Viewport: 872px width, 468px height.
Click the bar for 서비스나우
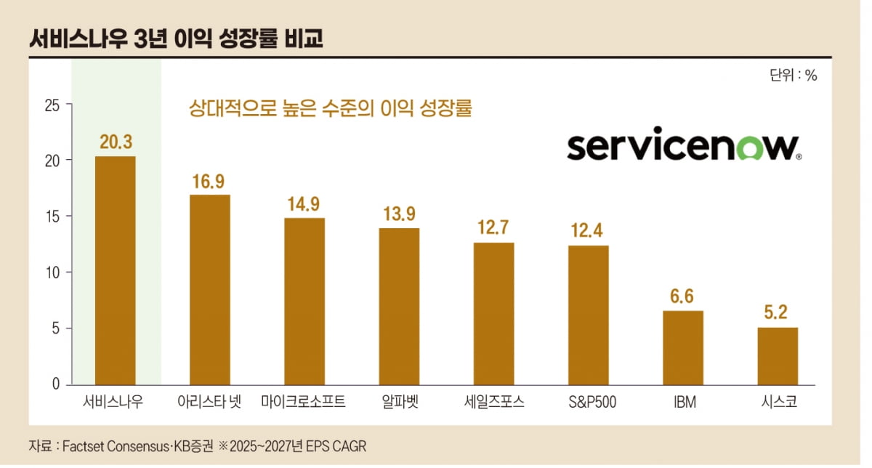(x=116, y=270)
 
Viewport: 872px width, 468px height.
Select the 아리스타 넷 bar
(x=210, y=289)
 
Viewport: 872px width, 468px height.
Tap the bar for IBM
(x=682, y=347)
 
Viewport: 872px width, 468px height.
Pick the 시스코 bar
(x=778, y=355)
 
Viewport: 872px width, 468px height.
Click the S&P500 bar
(x=589, y=315)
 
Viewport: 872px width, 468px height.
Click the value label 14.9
(x=304, y=204)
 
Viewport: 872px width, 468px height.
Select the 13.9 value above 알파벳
(x=399, y=214)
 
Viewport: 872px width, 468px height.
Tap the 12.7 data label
(x=493, y=228)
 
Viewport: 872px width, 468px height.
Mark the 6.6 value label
(x=682, y=296)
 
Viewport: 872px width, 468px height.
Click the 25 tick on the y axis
(x=52, y=105)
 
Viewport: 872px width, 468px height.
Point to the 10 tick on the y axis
(x=52, y=273)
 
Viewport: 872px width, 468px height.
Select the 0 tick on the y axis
(x=56, y=384)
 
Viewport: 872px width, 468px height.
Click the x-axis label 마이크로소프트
(x=303, y=402)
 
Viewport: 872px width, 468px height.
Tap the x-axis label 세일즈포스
(x=494, y=402)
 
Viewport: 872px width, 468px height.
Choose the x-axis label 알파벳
(x=399, y=402)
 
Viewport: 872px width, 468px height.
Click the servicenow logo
(x=684, y=147)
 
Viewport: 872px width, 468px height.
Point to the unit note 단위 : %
(x=793, y=76)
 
